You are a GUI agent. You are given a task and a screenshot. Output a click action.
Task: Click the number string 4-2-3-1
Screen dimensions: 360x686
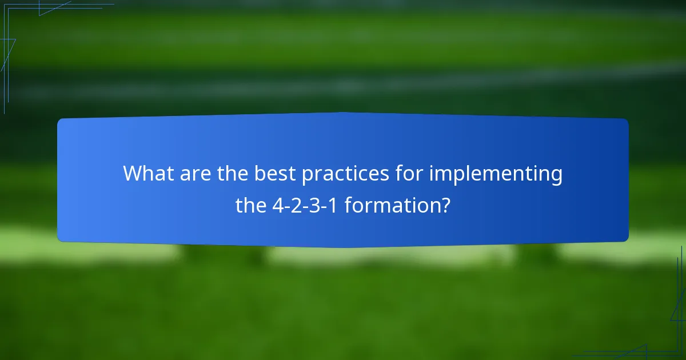point(305,205)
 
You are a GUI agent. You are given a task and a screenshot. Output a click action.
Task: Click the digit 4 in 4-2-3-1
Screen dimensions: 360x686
point(278,205)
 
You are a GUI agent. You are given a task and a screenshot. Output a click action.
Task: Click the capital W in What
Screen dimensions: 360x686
point(133,174)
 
